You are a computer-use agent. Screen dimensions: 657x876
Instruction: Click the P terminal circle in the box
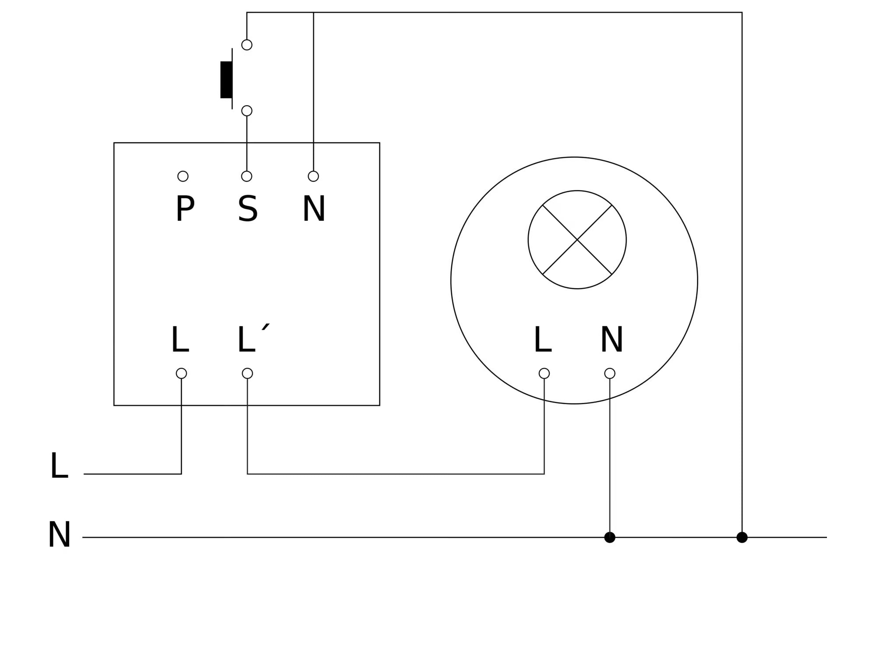(x=183, y=176)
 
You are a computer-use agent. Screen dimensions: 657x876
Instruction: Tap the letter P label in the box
(x=185, y=209)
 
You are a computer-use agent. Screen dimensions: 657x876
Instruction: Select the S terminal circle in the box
(x=247, y=176)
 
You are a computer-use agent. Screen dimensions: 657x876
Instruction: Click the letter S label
(x=247, y=209)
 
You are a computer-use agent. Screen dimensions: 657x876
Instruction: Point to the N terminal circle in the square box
(x=313, y=176)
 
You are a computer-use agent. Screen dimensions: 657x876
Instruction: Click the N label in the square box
(x=314, y=209)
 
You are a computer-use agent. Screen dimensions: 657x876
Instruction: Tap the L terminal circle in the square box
(x=181, y=373)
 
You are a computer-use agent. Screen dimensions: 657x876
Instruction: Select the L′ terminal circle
(x=247, y=373)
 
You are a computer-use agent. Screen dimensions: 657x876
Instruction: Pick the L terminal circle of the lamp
(x=544, y=373)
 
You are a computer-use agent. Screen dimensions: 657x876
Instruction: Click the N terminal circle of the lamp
(x=610, y=373)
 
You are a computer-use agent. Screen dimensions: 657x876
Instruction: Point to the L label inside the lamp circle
(x=542, y=340)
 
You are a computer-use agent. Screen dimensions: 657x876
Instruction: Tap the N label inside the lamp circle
(x=611, y=340)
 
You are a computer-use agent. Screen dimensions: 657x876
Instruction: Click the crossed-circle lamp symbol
(x=577, y=240)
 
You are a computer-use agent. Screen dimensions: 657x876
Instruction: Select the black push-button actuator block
(x=226, y=80)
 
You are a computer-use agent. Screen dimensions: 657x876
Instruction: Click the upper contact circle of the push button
(x=247, y=45)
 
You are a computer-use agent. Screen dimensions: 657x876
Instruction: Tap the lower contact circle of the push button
(x=247, y=110)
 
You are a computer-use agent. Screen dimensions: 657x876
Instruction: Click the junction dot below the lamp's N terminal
(x=610, y=537)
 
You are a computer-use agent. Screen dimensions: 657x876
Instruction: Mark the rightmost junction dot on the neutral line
(x=742, y=537)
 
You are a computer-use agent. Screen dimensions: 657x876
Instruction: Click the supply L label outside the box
(x=59, y=466)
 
